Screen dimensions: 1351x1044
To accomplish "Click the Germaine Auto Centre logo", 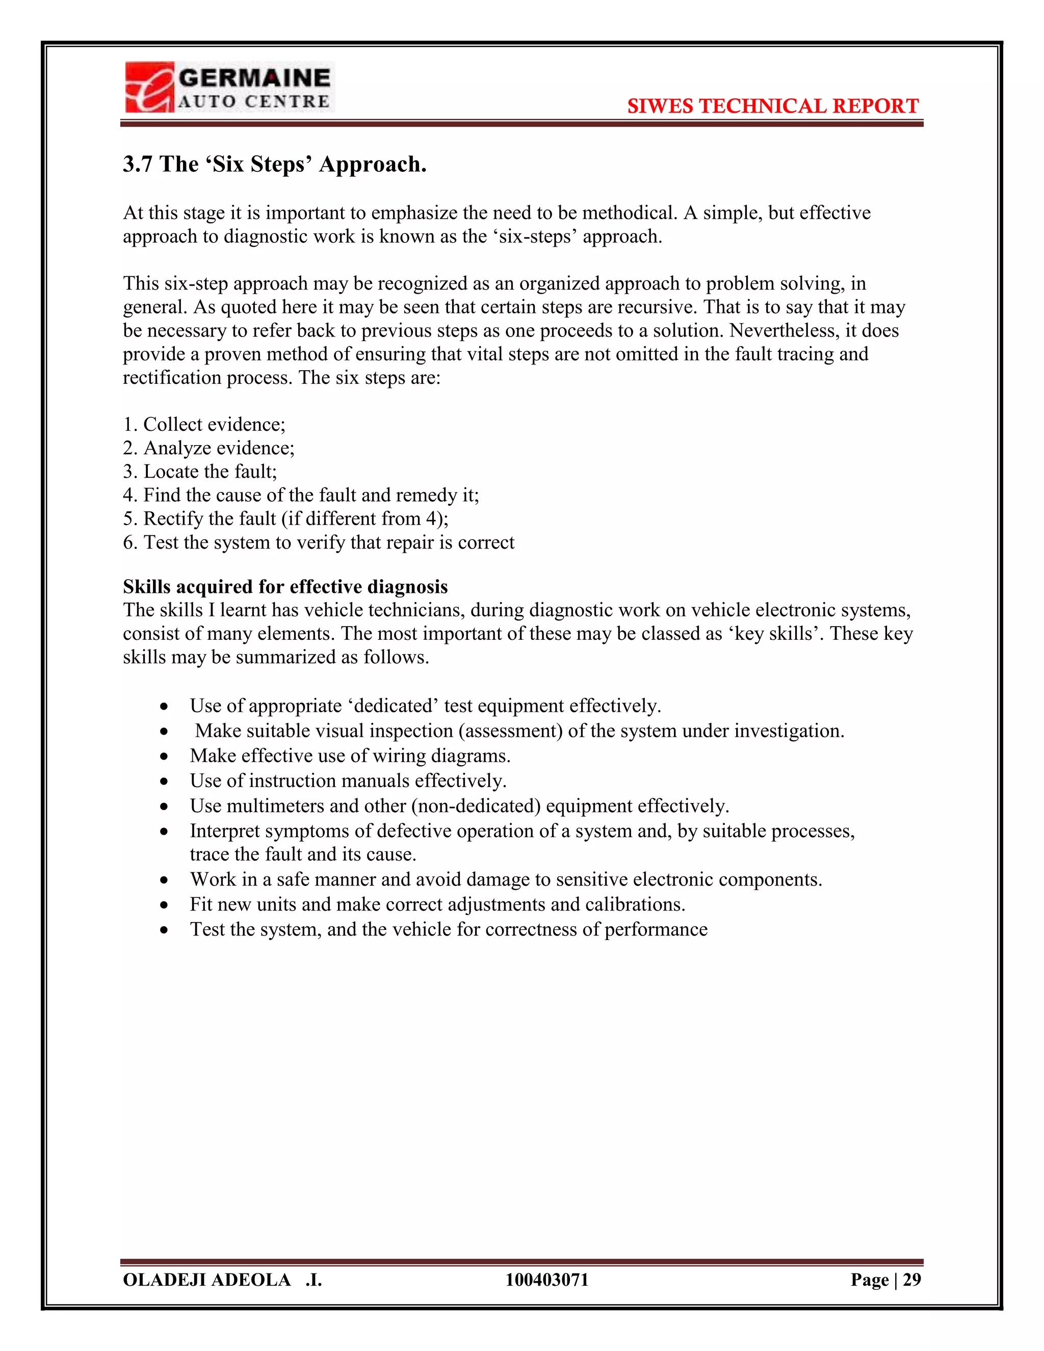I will pos(228,87).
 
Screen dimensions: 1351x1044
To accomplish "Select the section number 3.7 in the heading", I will pos(137,165).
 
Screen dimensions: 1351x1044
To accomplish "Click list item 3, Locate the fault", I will pos(200,472).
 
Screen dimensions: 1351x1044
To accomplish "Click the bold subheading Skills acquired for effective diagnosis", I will pos(285,586).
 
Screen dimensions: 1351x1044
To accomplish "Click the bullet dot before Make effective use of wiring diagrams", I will pos(164,757).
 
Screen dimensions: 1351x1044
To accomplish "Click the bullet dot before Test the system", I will pos(164,930).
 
